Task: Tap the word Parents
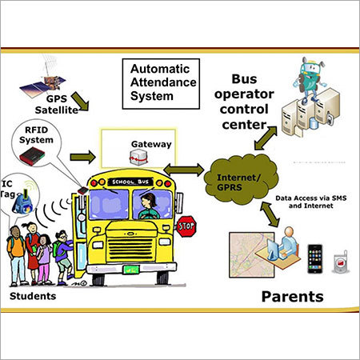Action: [x=291, y=295]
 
